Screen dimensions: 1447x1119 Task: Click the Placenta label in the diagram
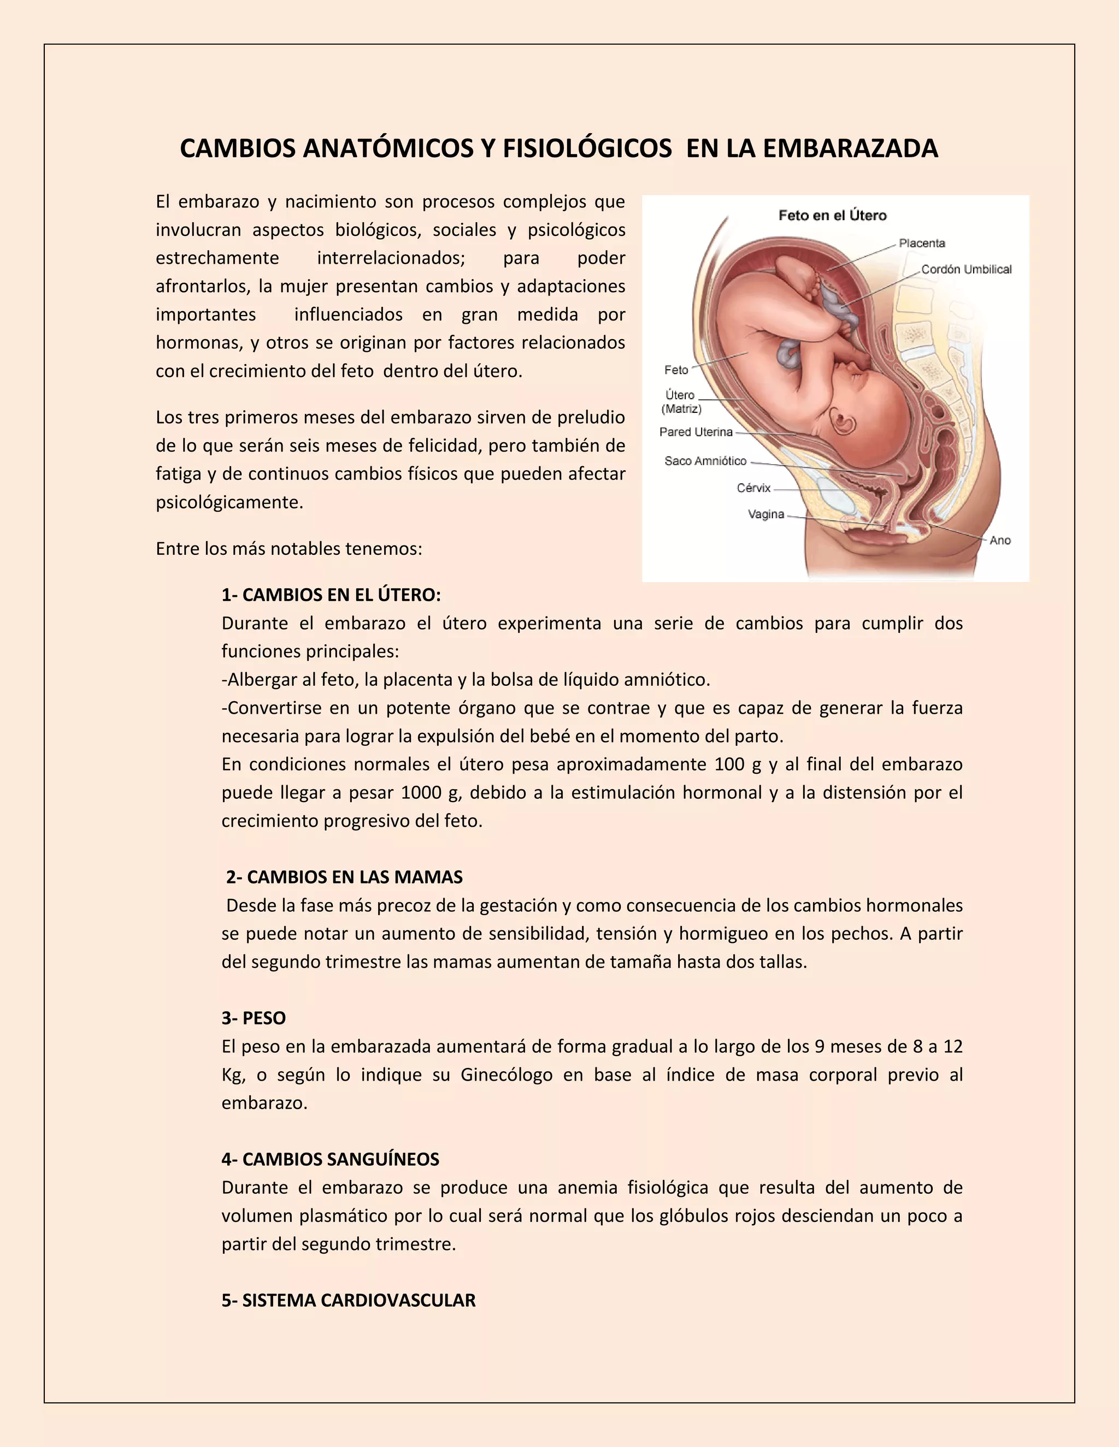tap(921, 243)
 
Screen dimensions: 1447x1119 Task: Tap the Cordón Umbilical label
tap(966, 269)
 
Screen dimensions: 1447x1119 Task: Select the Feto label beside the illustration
tap(676, 370)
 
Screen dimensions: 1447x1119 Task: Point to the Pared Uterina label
tap(696, 432)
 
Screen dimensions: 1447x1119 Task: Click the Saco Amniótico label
tap(705, 461)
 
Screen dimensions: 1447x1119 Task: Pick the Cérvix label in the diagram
tap(753, 488)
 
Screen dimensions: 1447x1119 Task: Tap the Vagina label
tap(765, 514)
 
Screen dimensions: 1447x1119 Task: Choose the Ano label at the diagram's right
tap(1000, 541)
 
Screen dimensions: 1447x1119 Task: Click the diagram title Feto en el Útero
tap(832, 215)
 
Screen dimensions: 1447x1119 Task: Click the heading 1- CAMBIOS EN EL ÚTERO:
tap(331, 595)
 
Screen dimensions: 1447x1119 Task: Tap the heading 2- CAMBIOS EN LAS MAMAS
tap(344, 877)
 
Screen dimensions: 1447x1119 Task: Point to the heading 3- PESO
tap(254, 1018)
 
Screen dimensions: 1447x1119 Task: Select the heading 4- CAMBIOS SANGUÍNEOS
tap(330, 1159)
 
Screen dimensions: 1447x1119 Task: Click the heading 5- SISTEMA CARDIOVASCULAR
tap(349, 1301)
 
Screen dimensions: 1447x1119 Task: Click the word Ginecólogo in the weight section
tap(507, 1075)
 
